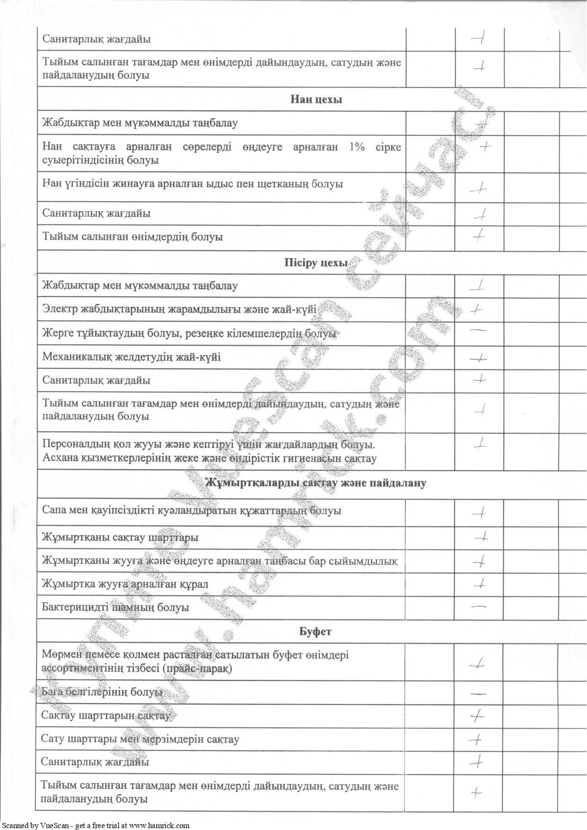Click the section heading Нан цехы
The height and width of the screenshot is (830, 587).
tap(316, 99)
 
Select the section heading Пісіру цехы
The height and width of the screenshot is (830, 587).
tap(316, 263)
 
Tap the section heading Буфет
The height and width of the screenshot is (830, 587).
tap(316, 631)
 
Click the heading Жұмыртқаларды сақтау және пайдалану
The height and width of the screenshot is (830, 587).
tap(316, 483)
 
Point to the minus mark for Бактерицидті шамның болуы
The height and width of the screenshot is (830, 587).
tap(479, 606)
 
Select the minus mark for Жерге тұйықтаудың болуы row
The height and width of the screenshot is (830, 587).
tap(479, 330)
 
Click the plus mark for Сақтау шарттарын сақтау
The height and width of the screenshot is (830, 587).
tap(477, 716)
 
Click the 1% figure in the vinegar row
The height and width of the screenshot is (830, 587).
tap(357, 147)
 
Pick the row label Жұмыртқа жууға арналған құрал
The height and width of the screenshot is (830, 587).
tap(125, 584)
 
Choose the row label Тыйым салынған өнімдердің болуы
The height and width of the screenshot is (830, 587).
tap(133, 236)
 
